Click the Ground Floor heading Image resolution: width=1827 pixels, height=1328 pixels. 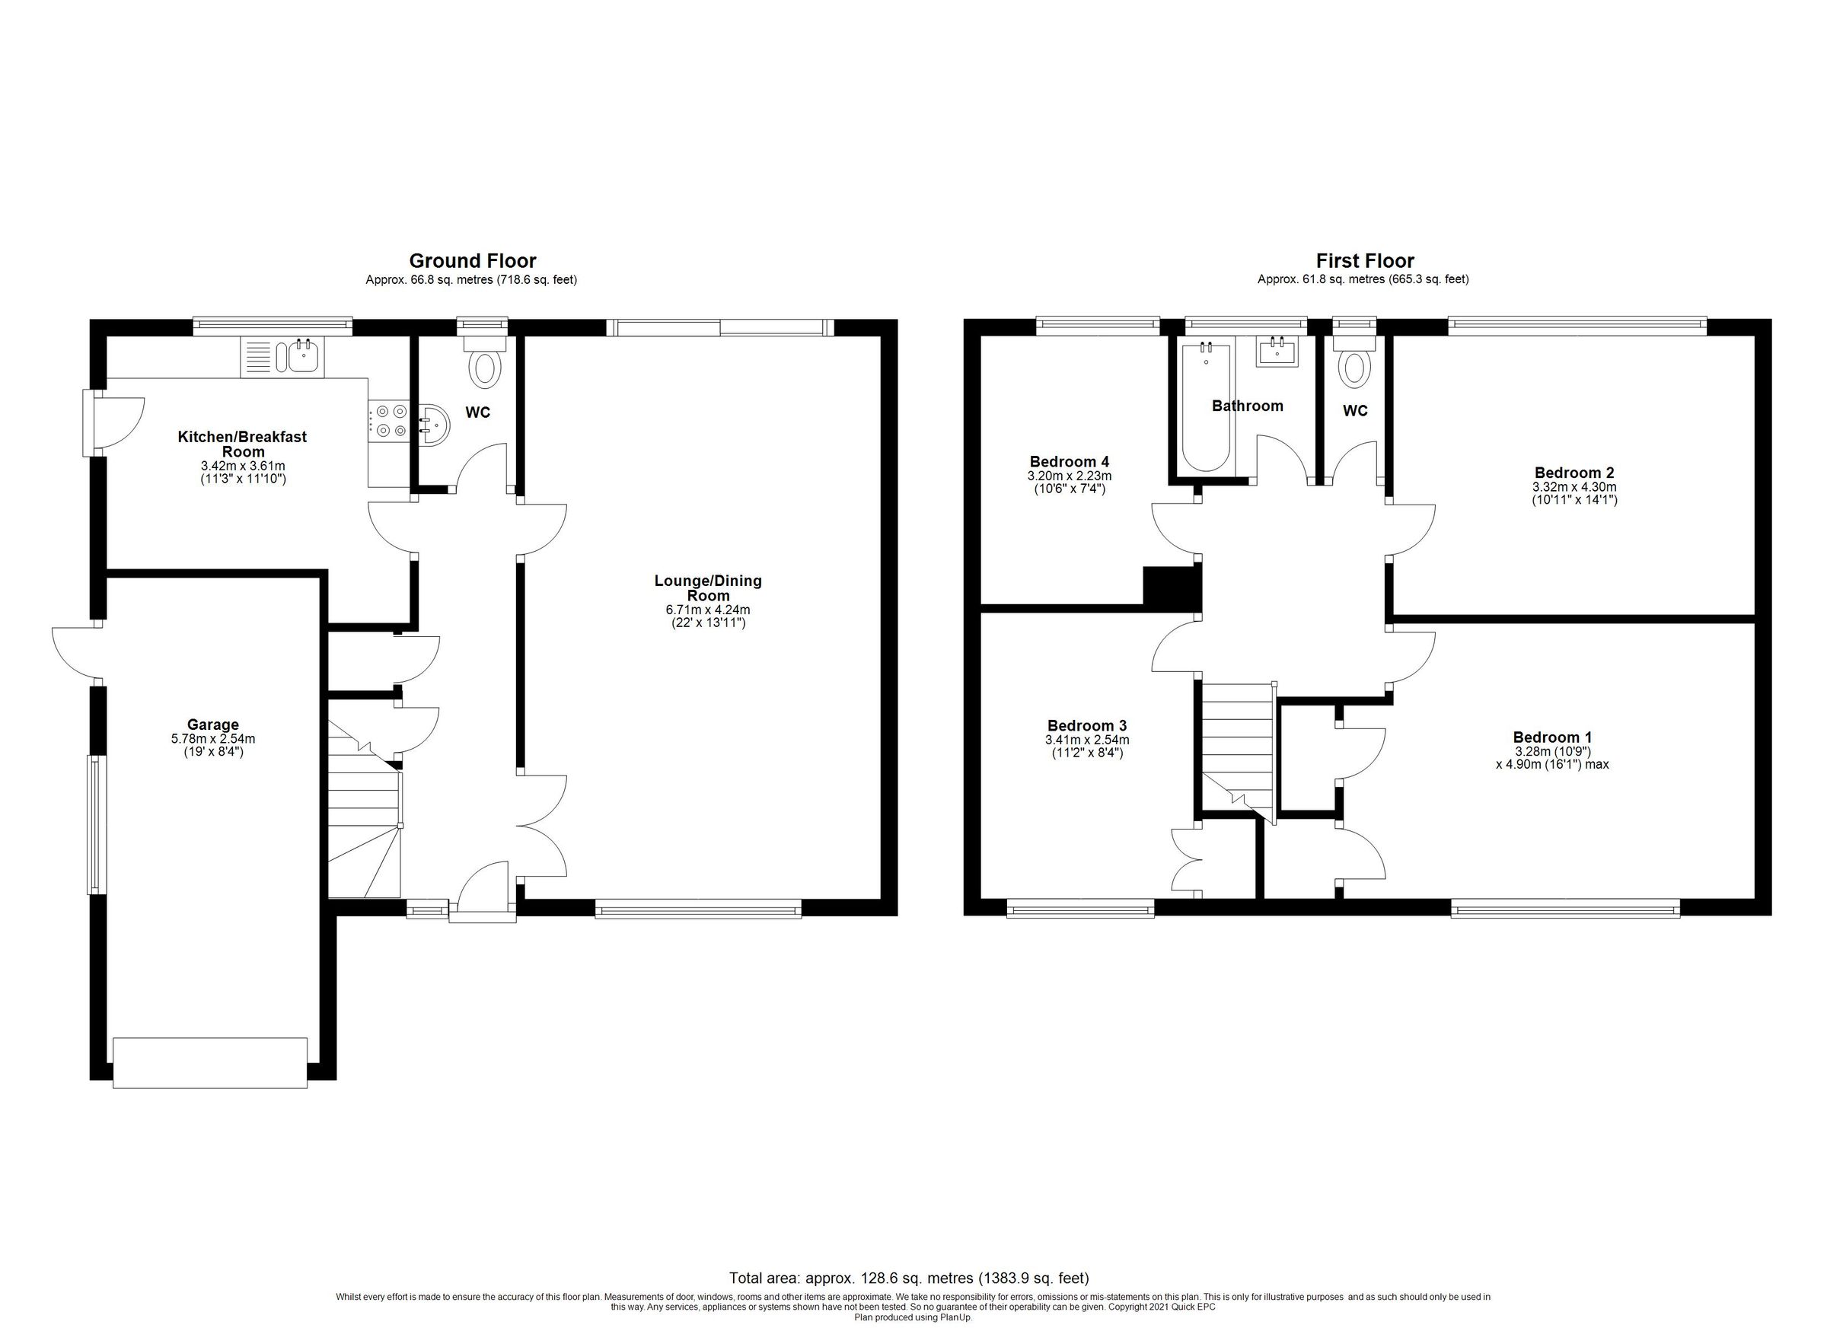pyautogui.click(x=472, y=261)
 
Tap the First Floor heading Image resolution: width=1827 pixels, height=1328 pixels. pyautogui.click(x=1365, y=261)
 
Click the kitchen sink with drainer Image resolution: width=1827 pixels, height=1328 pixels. pyautogui.click(x=282, y=357)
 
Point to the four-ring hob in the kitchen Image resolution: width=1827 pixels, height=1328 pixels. pyautogui.click(x=389, y=420)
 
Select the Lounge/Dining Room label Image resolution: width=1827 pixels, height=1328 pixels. pyautogui.click(x=707, y=588)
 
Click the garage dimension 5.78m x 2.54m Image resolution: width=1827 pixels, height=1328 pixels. pyautogui.click(x=212, y=738)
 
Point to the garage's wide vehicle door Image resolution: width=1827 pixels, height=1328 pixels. pyautogui.click(x=210, y=1063)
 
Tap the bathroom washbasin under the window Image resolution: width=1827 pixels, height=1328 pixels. pyautogui.click(x=1277, y=352)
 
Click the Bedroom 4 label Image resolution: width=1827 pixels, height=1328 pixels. pyautogui.click(x=1069, y=461)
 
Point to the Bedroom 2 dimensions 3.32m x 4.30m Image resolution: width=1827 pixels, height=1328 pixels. pyautogui.click(x=1574, y=486)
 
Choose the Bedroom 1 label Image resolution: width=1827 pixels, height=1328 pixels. pyautogui.click(x=1551, y=737)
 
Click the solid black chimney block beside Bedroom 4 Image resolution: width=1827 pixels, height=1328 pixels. pyautogui.click(x=1172, y=585)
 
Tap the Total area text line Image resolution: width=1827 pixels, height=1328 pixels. pyautogui.click(x=909, y=1277)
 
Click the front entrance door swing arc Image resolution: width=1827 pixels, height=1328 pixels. pyautogui.click(x=481, y=884)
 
